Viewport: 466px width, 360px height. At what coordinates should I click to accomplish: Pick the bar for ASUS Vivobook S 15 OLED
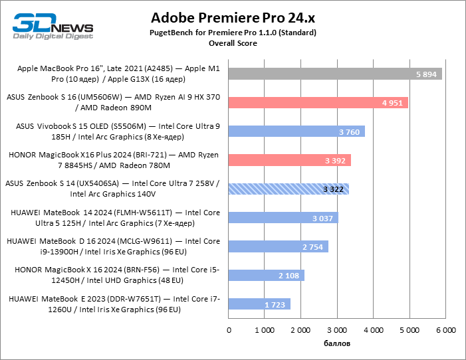296,132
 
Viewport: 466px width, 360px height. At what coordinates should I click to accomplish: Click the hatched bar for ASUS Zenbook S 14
289,189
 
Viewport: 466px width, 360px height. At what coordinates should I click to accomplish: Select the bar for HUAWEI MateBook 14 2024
283,218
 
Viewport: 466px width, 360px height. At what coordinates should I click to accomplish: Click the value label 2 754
312,247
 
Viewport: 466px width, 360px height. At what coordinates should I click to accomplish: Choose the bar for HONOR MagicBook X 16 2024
266,276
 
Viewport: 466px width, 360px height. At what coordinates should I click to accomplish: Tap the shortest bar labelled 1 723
259,304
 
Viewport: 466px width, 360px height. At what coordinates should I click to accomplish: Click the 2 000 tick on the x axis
301,329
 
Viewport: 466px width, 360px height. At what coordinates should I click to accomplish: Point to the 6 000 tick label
445,329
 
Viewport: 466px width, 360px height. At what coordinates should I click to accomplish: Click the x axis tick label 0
229,329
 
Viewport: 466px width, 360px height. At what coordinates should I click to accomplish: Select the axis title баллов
337,343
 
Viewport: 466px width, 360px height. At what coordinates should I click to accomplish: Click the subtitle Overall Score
233,43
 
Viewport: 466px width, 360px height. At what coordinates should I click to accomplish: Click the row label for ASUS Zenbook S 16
113,102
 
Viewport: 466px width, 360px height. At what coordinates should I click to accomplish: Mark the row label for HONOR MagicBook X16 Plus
113,160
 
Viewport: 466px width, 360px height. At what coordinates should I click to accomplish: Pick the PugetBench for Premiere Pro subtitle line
233,33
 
